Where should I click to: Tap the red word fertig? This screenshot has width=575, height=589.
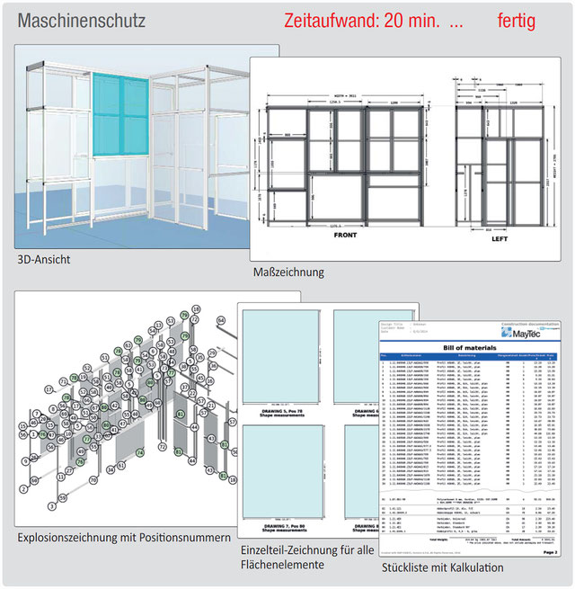516,21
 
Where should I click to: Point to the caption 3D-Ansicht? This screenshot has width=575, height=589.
44,260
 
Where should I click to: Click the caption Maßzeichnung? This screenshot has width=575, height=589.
289,272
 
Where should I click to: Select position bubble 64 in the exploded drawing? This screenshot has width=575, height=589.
220,319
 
